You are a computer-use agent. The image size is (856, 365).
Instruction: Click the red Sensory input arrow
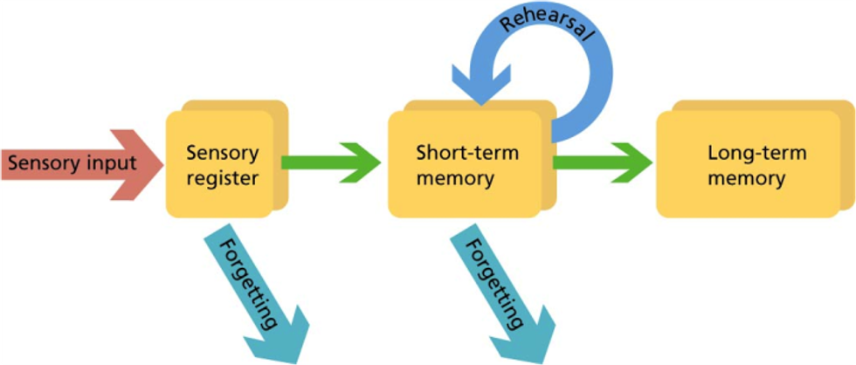pos(79,164)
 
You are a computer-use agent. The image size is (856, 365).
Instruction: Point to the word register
pos(223,179)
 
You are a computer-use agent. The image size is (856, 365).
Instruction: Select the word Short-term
pos(466,154)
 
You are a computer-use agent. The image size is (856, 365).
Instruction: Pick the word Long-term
pos(756,154)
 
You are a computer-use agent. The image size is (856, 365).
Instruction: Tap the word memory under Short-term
pos(455,179)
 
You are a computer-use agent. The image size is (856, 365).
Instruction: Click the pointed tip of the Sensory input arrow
pos(163,164)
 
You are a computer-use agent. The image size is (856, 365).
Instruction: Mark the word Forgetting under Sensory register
pos(250,284)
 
